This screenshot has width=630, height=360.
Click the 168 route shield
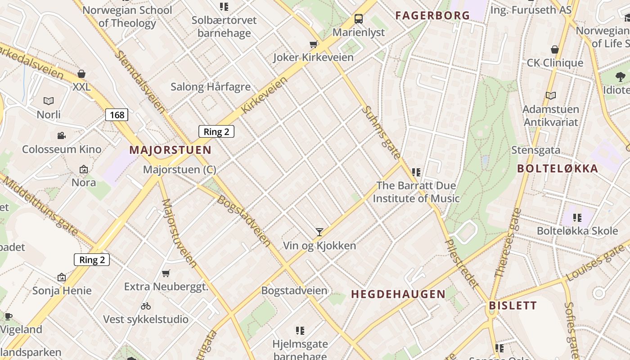(x=117, y=115)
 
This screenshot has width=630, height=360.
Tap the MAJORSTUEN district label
(x=170, y=150)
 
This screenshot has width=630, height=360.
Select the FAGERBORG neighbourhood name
(x=432, y=15)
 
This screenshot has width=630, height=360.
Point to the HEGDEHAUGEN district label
(x=398, y=294)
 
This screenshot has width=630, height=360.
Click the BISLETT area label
(x=513, y=306)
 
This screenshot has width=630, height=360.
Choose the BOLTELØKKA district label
(x=558, y=169)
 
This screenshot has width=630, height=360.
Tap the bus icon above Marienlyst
(x=359, y=19)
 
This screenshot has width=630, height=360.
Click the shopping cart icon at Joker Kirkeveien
(x=313, y=44)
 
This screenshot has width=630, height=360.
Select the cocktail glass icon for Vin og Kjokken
(x=319, y=232)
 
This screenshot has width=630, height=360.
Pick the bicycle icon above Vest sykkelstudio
(x=146, y=306)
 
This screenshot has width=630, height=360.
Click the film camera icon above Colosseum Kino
(x=62, y=135)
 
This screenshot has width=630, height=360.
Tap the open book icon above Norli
(x=49, y=101)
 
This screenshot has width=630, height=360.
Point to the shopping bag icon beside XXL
(x=81, y=73)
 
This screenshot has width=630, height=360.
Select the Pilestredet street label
(x=461, y=263)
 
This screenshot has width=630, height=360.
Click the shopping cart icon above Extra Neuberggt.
(x=166, y=273)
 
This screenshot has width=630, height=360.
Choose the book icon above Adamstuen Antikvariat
(x=550, y=95)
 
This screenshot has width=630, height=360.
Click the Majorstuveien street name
(x=179, y=233)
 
